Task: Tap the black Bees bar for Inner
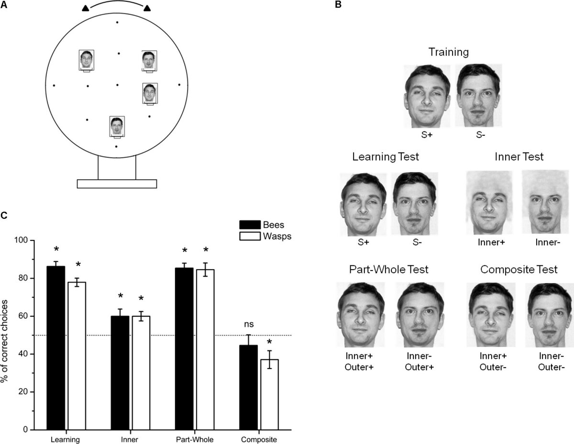[x=120, y=373]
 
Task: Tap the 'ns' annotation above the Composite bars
[x=248, y=325]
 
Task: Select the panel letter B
[x=338, y=5]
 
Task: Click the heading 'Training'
[x=448, y=52]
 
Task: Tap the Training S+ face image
[x=427, y=95]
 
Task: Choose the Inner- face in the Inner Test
[x=545, y=204]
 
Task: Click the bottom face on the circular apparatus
[x=117, y=126]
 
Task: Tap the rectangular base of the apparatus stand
[x=117, y=184]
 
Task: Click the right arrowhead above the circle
[x=147, y=8]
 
